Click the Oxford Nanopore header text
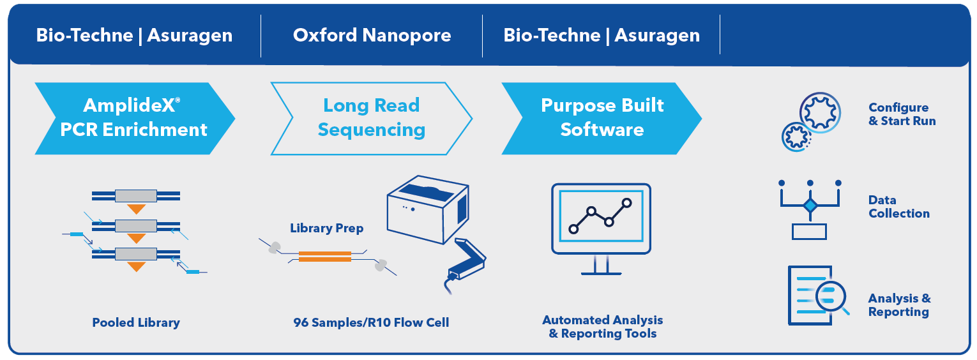pos(372,35)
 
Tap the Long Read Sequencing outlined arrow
pos(372,119)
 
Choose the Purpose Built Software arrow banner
pos(602,119)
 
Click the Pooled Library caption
pos(136,322)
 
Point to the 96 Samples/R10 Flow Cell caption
pos(371,322)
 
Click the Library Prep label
pos(327,228)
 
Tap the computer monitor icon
pos(601,229)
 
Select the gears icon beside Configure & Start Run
pos(812,122)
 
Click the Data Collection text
pos(899,207)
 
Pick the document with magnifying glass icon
pos(818,296)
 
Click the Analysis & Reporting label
pos(899,305)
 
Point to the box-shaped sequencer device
pos(428,209)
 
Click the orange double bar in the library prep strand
pos(325,256)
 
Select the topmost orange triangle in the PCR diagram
pos(136,209)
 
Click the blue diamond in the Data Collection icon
pos(810,206)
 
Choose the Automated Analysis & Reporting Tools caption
pos(602,327)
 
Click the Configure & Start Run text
pos(902,114)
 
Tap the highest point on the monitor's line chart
pos(627,203)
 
